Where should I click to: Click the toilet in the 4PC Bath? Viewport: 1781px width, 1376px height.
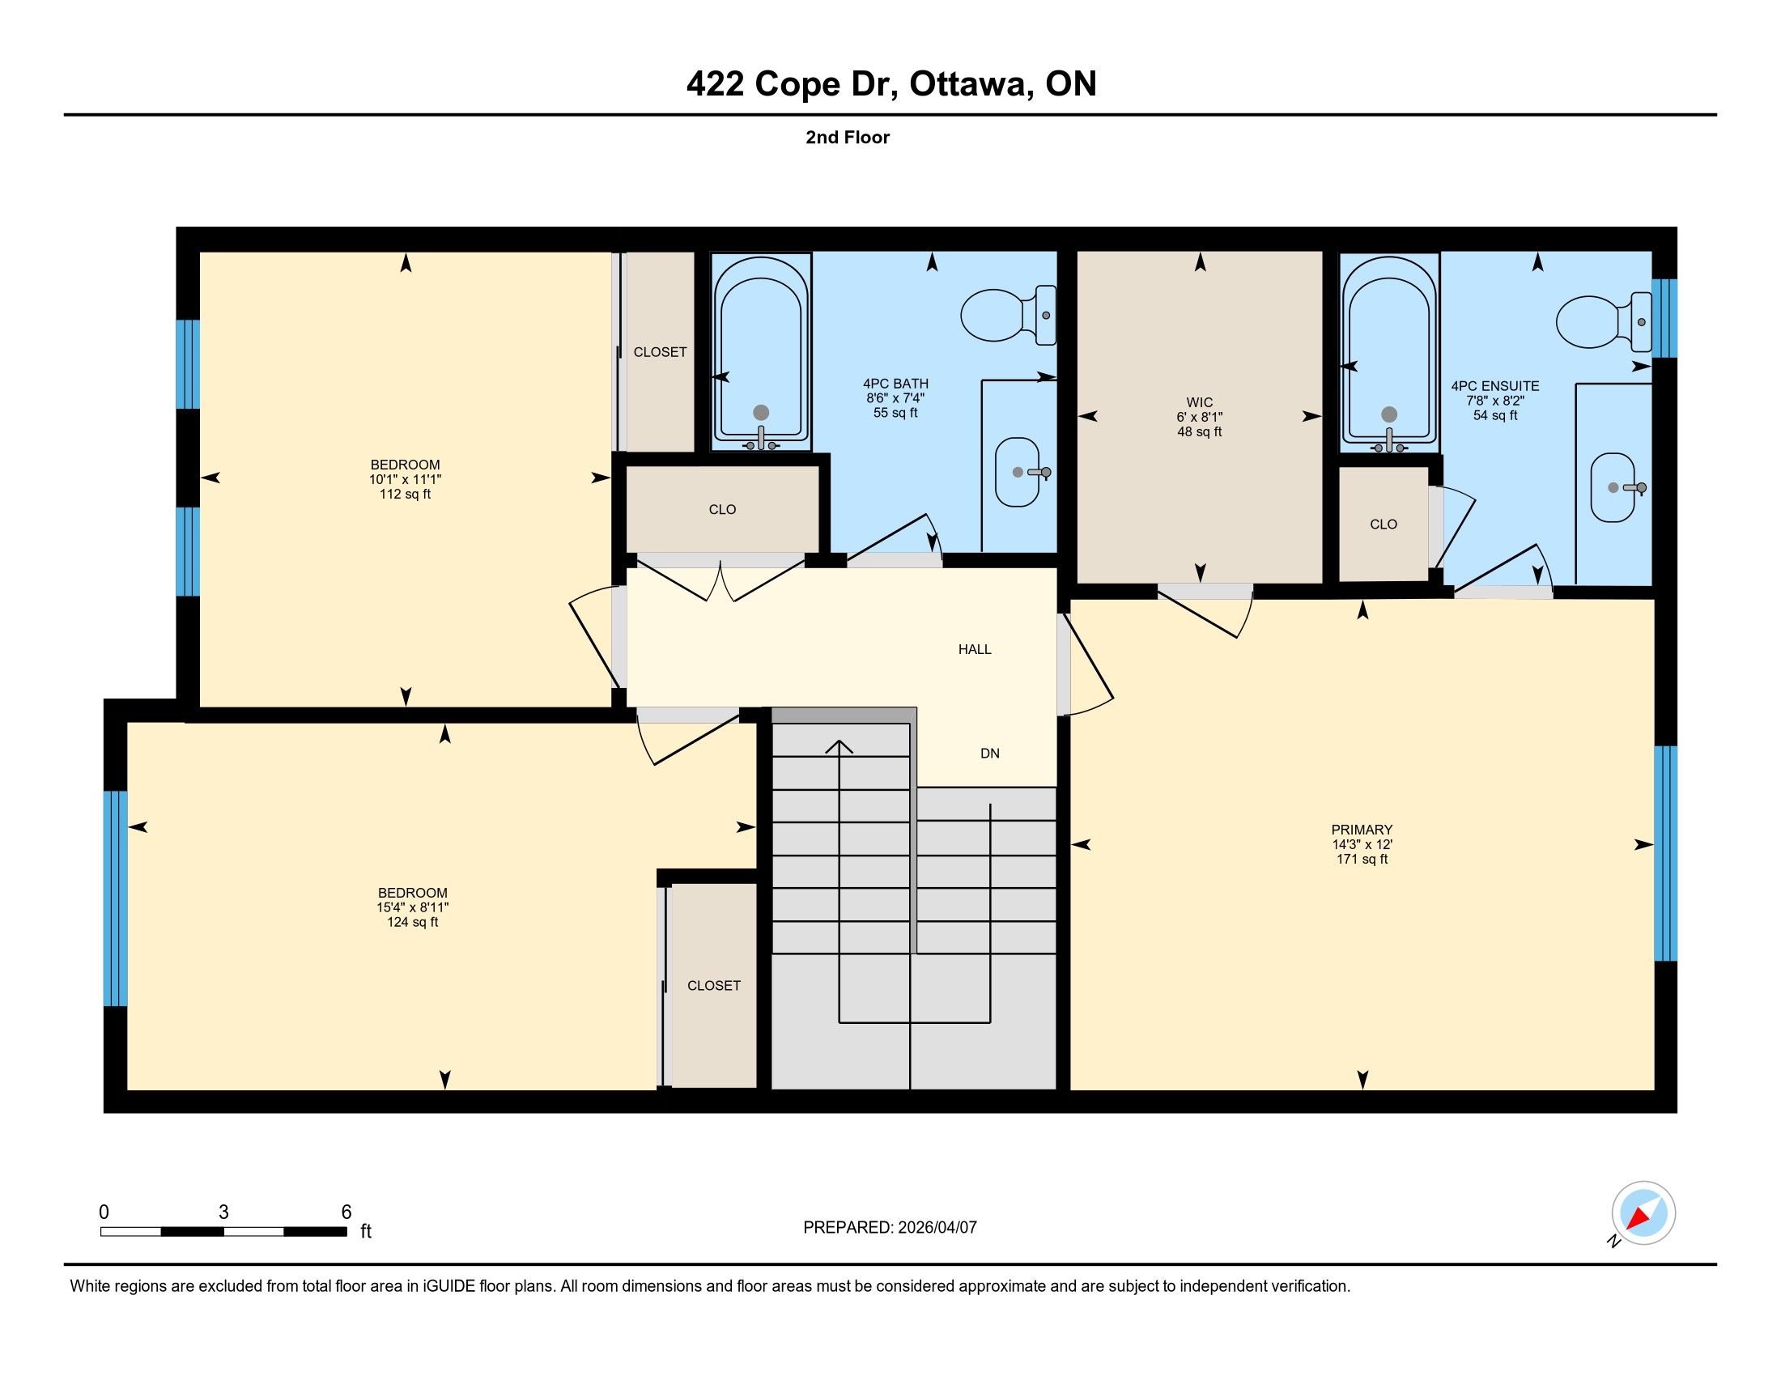tap(1009, 315)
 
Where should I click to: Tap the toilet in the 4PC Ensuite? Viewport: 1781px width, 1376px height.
tap(1604, 321)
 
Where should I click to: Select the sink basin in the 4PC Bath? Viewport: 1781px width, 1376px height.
tap(1018, 472)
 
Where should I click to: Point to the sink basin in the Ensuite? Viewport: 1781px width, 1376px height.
tap(1613, 487)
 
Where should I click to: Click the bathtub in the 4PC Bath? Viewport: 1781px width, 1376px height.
tap(761, 352)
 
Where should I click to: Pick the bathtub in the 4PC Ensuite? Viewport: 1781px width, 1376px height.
tap(1389, 352)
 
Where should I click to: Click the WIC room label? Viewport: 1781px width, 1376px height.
tap(1200, 403)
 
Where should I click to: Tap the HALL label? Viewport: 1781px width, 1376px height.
tap(975, 650)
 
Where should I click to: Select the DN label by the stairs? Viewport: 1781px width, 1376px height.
tap(990, 754)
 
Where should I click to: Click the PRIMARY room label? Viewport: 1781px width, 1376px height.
tap(1362, 830)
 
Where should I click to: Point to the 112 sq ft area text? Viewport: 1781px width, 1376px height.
tap(406, 494)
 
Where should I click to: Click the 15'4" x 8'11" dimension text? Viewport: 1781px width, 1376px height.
tap(413, 907)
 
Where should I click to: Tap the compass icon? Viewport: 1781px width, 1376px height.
tap(1643, 1213)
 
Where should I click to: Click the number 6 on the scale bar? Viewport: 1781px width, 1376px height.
tap(346, 1212)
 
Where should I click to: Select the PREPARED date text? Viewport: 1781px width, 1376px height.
tap(890, 1228)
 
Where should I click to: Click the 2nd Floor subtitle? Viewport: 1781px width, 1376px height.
tap(848, 137)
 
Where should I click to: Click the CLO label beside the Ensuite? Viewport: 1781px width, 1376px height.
tap(1383, 524)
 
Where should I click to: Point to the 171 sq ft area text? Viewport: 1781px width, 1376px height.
tap(1362, 859)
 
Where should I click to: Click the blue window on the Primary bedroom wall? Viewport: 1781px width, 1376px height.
tap(1665, 853)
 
